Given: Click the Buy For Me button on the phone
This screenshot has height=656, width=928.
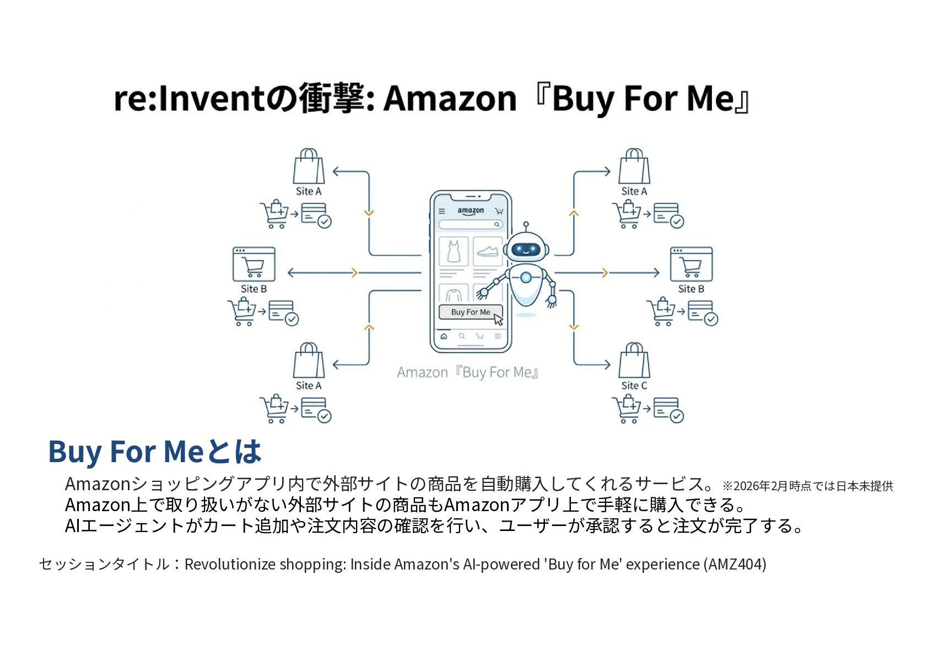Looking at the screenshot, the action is tap(470, 312).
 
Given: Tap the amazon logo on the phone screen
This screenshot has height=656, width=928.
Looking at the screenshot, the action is tap(471, 210).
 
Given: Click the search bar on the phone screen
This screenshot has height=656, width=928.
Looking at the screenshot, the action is tap(470, 224).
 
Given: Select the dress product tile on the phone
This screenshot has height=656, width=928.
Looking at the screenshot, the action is tap(454, 251).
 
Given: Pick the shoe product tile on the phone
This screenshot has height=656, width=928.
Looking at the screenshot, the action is tap(488, 251).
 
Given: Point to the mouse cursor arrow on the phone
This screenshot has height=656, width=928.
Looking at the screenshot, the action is tap(498, 319).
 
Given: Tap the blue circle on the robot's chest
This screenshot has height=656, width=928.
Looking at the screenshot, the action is tap(526, 278).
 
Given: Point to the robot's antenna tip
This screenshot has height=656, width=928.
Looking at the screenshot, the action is tap(526, 224).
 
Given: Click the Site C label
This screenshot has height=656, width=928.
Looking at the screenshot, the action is tap(634, 386).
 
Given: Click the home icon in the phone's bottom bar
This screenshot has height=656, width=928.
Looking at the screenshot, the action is tap(444, 337).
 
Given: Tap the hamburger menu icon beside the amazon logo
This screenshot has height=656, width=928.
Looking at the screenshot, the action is tap(441, 211).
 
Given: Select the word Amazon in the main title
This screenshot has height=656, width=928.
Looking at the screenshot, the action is tap(450, 99).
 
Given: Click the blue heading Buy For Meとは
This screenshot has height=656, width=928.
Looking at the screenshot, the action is tap(154, 451).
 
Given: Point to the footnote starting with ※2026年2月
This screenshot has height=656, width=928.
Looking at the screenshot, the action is tap(807, 486).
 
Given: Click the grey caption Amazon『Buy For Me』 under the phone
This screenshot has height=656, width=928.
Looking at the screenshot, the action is tap(467, 372).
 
